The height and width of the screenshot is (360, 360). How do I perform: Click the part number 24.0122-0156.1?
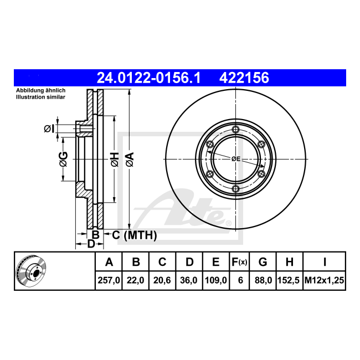pyautogui.click(x=148, y=78)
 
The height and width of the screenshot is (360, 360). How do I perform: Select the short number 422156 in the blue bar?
pyautogui.click(x=244, y=78)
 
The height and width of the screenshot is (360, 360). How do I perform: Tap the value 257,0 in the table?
pyautogui.click(x=109, y=280)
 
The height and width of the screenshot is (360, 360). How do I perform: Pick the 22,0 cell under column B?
pyautogui.click(x=136, y=280)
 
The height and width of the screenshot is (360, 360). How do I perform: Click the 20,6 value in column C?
pyautogui.click(x=162, y=280)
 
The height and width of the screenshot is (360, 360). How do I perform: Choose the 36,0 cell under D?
pyautogui.click(x=189, y=280)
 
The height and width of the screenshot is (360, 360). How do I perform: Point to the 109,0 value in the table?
pyautogui.click(x=216, y=280)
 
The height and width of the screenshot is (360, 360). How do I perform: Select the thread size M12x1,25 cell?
pyautogui.click(x=324, y=280)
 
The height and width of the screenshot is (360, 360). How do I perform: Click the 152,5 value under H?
pyautogui.click(x=289, y=280)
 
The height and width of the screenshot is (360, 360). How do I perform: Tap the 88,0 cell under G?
pyautogui.click(x=263, y=280)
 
